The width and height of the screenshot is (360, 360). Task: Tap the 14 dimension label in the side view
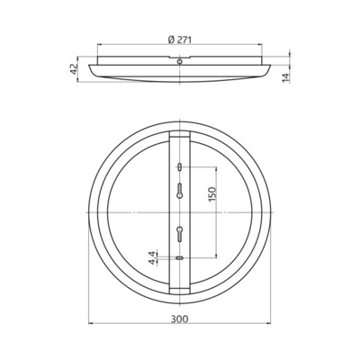click(x=285, y=77)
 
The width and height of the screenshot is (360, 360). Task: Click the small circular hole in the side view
click(x=180, y=61)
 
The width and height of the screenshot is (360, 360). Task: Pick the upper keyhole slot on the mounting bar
click(x=180, y=190)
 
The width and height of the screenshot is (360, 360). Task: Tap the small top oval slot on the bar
click(x=180, y=167)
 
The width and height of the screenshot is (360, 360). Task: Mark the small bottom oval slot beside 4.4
click(x=180, y=258)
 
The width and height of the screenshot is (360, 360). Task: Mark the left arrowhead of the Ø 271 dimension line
click(x=99, y=46)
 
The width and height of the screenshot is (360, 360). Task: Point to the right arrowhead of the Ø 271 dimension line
click(x=262, y=46)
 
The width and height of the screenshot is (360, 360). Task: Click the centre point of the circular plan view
click(x=180, y=212)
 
